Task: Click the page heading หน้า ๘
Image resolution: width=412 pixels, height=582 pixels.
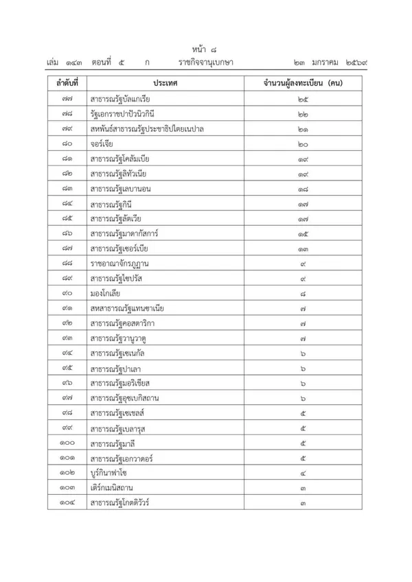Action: (x=205, y=49)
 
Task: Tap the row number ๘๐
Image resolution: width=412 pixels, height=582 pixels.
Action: (x=66, y=143)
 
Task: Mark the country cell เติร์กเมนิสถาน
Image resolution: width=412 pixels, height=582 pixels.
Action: (x=114, y=488)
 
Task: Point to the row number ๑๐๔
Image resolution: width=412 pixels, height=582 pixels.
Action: (x=66, y=503)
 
